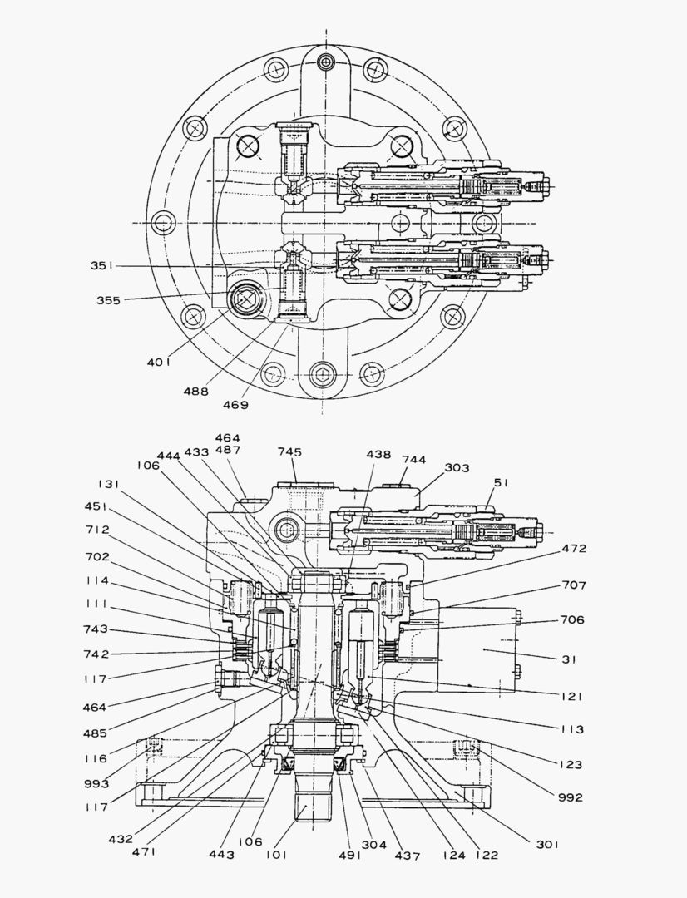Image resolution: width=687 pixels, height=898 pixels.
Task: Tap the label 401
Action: click(x=158, y=362)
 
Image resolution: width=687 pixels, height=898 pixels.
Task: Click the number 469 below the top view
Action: click(x=235, y=405)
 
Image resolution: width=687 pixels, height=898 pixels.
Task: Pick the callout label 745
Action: click(x=289, y=452)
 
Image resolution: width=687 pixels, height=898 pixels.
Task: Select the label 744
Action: click(x=413, y=459)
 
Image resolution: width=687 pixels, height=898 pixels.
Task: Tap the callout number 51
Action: click(x=501, y=482)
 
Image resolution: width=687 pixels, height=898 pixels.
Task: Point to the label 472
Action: click(x=574, y=549)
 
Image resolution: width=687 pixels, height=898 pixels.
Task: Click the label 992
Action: click(x=571, y=797)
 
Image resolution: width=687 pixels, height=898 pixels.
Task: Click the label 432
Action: click(x=121, y=839)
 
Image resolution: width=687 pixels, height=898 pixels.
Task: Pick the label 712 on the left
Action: click(x=96, y=530)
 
